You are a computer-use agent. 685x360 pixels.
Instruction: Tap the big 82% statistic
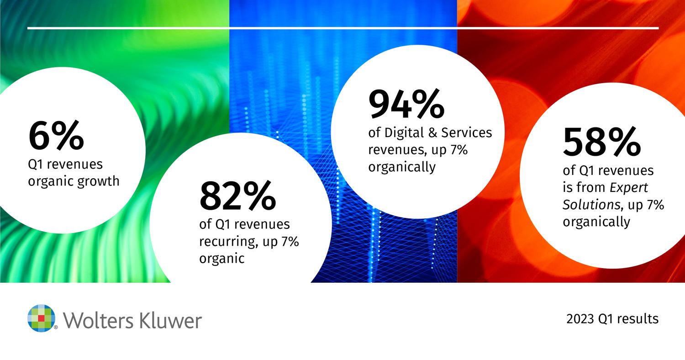pyautogui.click(x=237, y=195)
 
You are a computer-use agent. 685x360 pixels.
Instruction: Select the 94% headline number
pyautogui.click(x=406, y=103)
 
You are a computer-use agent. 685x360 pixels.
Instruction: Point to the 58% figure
pyautogui.click(x=601, y=142)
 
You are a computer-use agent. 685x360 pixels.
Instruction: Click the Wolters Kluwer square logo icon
pyautogui.click(x=42, y=318)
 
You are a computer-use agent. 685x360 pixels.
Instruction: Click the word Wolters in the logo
pyautogui.click(x=99, y=320)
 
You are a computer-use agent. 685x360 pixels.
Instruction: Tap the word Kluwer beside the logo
pyautogui.click(x=170, y=320)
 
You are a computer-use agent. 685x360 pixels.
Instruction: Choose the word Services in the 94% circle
pyautogui.click(x=466, y=133)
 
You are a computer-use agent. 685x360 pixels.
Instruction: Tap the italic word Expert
pyautogui.click(x=628, y=188)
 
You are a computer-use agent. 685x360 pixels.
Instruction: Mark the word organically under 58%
pyautogui.click(x=596, y=222)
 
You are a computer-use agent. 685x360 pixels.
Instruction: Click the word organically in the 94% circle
pyautogui.click(x=402, y=168)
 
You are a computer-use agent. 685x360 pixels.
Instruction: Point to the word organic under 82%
pyautogui.click(x=221, y=259)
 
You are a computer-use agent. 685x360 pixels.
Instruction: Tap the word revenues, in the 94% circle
pyautogui.click(x=398, y=150)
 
